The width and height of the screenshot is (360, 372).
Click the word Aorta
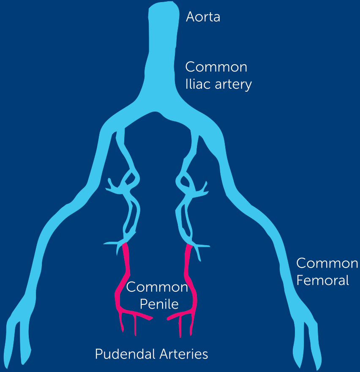[x=203, y=17]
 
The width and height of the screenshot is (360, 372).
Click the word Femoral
[x=322, y=280]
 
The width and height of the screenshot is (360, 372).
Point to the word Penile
[x=159, y=304]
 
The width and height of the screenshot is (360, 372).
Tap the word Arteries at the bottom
[x=184, y=354]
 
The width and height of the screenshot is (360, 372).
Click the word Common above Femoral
[x=327, y=263]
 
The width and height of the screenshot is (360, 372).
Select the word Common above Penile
[x=157, y=287]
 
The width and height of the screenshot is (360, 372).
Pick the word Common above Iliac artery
[x=216, y=67]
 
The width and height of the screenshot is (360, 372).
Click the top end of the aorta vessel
[x=164, y=3]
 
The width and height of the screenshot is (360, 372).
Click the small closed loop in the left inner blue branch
[x=130, y=178]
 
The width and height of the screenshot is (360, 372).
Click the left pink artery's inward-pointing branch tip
[x=151, y=318]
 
